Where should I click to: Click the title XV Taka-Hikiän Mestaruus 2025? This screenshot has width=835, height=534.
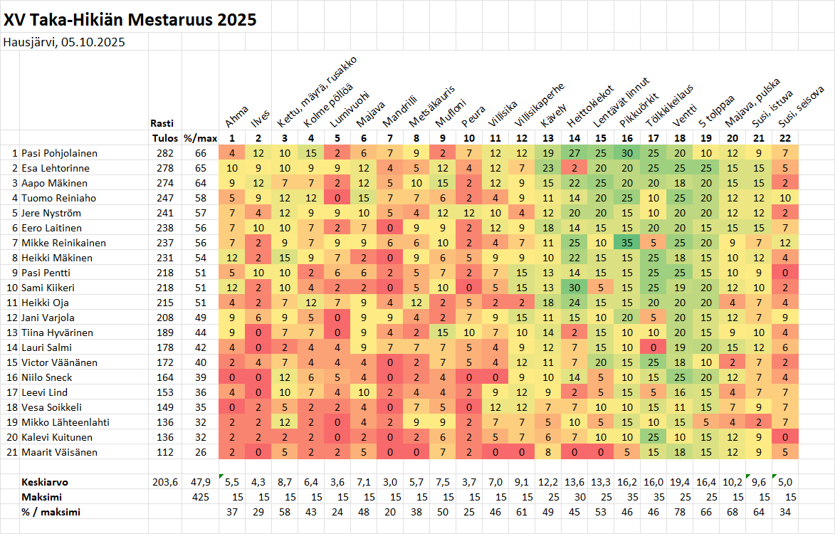coord(130,20)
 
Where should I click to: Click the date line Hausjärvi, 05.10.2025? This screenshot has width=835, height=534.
coord(64,42)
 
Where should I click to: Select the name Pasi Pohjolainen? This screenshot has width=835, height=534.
coord(59,153)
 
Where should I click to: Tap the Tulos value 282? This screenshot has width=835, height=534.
coord(164,153)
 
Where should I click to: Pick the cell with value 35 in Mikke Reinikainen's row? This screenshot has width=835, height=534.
coord(627,243)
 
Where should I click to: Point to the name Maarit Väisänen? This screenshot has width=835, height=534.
coord(58,452)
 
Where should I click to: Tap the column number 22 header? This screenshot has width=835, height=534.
coord(784,138)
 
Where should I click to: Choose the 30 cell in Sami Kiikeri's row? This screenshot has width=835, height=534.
coord(574,288)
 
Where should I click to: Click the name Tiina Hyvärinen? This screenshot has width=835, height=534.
coord(56,333)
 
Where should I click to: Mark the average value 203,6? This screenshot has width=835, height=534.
coord(164,482)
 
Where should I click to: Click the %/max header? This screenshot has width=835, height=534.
coord(195,138)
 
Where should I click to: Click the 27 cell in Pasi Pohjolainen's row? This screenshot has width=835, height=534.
coord(574,153)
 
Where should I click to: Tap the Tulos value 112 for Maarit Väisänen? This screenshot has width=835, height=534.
coord(164,452)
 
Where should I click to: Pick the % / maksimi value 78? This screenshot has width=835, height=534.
coord(679,512)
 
